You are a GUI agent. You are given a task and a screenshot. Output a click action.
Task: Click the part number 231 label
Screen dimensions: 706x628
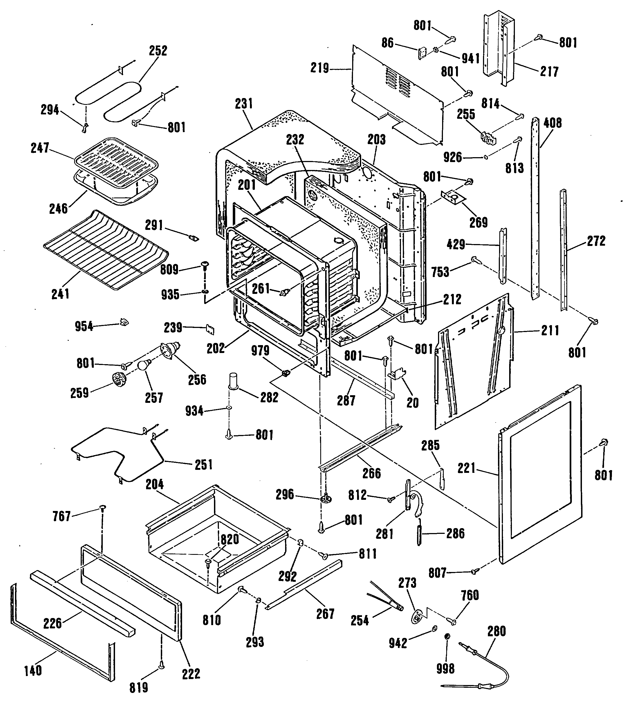click(244, 104)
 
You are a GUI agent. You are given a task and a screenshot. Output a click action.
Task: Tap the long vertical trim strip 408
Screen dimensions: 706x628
click(535, 207)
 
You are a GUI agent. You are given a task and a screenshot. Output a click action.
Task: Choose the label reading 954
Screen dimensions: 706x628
click(84, 326)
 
